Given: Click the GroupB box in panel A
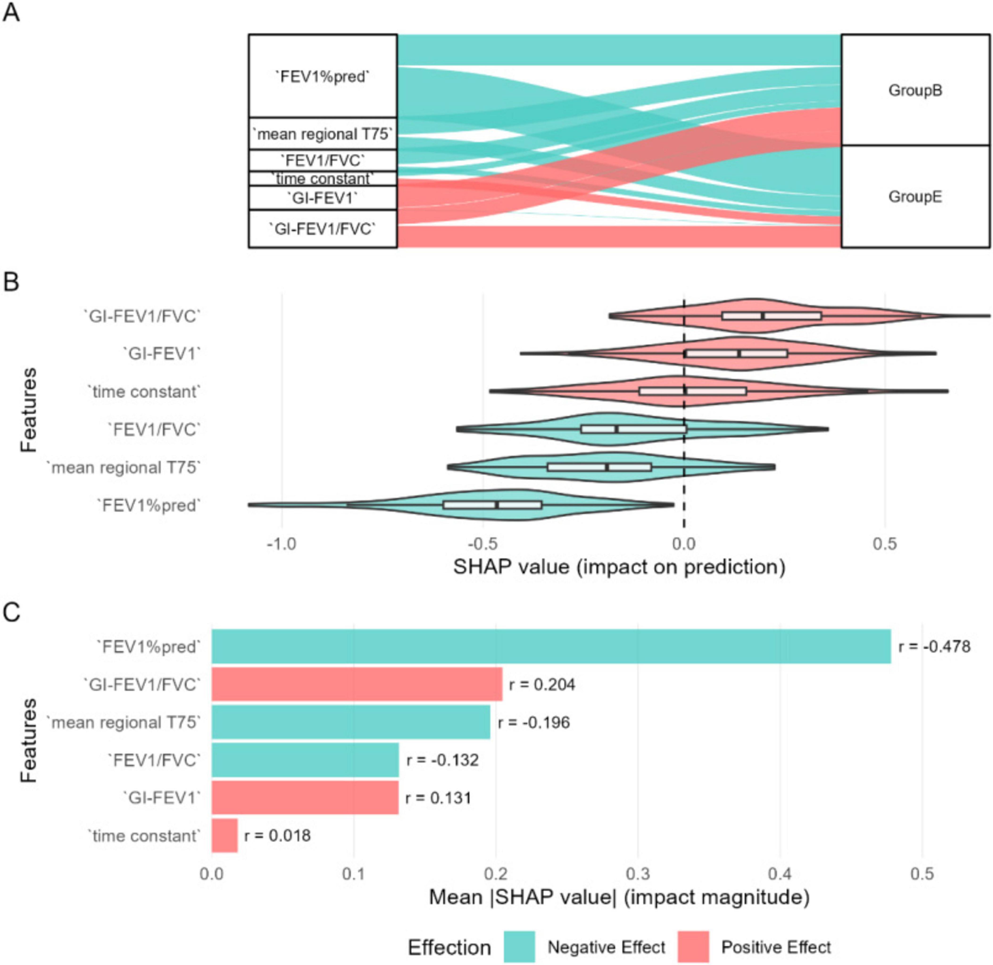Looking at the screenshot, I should pyautogui.click(x=915, y=90).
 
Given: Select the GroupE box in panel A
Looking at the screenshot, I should pyautogui.click(x=915, y=197).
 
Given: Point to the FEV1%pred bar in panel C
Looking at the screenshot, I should pyautogui.click(x=551, y=646).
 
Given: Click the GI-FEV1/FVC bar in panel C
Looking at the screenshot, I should pyautogui.click(x=357, y=684).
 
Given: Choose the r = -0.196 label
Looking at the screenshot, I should pyautogui.click(x=533, y=722).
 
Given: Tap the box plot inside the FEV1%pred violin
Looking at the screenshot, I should pyautogui.click(x=492, y=505).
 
